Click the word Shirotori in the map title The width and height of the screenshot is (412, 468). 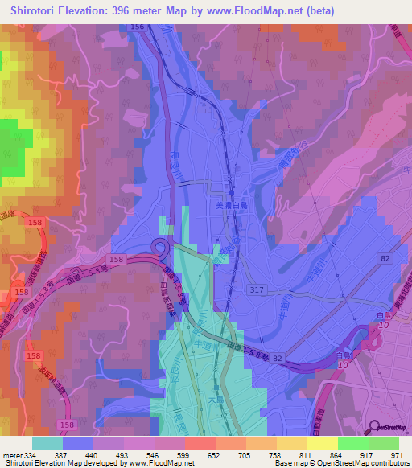click(32, 10)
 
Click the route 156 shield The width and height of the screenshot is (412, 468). click(137, 27)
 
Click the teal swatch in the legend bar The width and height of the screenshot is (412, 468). click(47, 443)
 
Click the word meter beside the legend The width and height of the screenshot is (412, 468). click(12, 454)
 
